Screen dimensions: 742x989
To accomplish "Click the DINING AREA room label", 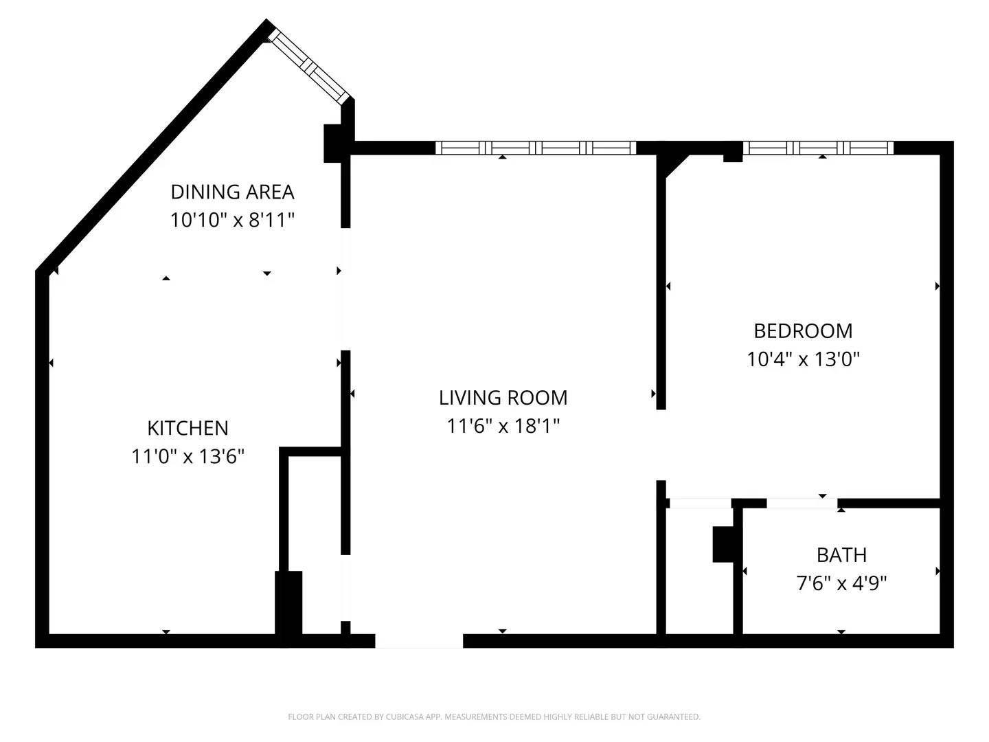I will tap(232, 192).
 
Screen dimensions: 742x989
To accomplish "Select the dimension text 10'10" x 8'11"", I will tap(232, 220).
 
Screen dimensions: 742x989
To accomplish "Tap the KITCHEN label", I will tap(187, 428).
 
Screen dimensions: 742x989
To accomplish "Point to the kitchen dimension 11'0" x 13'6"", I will tap(187, 456).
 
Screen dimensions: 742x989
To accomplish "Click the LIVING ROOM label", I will tap(503, 398).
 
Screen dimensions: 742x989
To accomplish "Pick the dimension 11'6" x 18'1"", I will tap(503, 426).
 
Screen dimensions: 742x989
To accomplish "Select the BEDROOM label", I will tap(803, 331).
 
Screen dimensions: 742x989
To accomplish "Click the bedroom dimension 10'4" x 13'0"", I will tap(803, 359).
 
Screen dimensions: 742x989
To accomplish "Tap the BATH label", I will tap(841, 555).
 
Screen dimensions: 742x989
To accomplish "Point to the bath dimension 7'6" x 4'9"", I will tap(841, 583).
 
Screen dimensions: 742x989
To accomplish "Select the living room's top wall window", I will tap(536, 148).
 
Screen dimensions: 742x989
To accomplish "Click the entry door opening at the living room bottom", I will tap(419, 641).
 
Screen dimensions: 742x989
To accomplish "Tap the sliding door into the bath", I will tap(802, 504).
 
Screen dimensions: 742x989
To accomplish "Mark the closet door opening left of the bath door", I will tap(700, 504).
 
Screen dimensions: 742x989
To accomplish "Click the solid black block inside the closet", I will tap(723, 544).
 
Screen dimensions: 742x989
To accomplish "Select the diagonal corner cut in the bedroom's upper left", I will tap(676, 165).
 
